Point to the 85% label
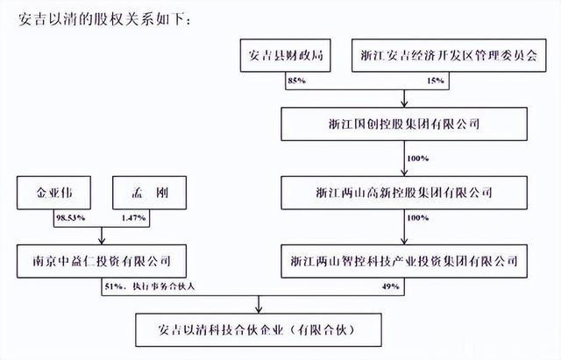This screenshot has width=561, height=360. pyautogui.click(x=297, y=81)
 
